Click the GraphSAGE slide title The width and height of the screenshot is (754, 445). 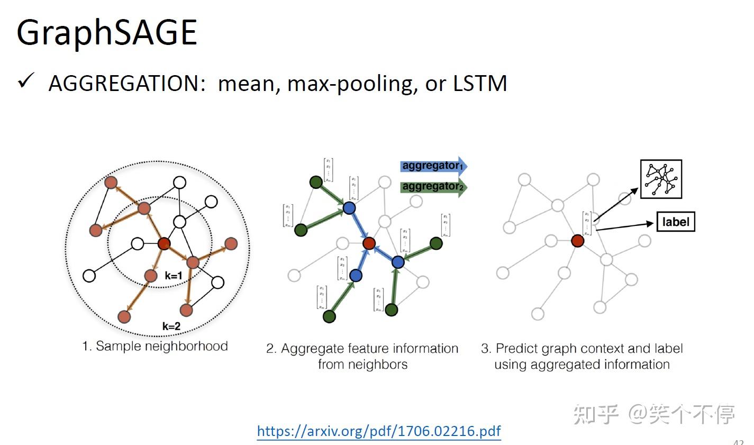point(107,33)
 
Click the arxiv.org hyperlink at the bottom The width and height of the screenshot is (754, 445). point(378,431)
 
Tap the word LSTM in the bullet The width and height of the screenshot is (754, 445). point(480,84)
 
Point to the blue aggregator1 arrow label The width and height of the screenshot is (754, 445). point(432,166)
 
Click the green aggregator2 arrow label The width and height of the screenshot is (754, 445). point(432,186)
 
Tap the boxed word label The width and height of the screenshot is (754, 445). point(675,222)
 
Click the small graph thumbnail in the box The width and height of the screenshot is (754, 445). point(661,179)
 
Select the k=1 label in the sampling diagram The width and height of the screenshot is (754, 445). point(173,276)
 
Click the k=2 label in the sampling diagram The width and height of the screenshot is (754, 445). point(171,326)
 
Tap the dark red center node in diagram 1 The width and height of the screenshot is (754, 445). point(164,244)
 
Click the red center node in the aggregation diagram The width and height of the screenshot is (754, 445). point(369,243)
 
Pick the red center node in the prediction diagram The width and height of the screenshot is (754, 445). point(577,241)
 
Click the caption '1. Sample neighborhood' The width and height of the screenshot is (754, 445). point(155,346)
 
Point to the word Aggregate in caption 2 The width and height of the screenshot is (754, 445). point(311,349)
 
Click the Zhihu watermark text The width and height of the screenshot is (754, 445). point(654,414)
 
